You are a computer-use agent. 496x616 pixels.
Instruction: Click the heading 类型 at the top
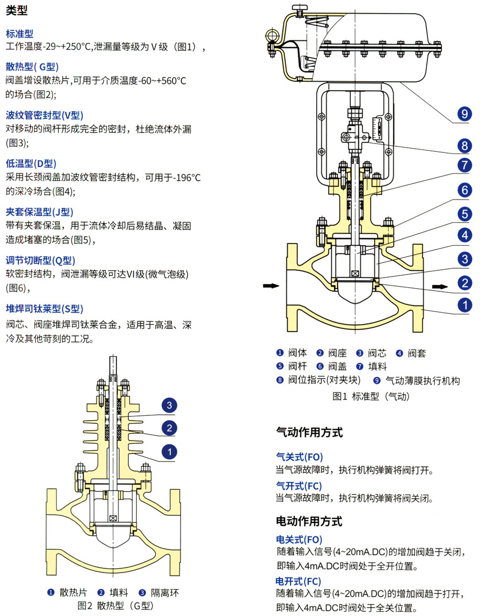17,10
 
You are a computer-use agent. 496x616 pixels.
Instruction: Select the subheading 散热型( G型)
32,67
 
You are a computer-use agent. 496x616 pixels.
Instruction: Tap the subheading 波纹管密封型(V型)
45,115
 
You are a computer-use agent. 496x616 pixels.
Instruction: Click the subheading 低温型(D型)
31,164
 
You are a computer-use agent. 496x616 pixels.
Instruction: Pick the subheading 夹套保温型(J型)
39,212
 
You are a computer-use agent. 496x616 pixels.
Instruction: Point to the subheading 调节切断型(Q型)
40,260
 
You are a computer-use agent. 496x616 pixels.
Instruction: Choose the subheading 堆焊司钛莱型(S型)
45,309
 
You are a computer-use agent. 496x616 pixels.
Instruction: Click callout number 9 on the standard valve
465,114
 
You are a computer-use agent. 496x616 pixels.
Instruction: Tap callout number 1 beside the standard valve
465,305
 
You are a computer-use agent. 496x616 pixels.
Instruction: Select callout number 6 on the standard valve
465,190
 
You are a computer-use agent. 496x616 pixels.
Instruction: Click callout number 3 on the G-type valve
169,405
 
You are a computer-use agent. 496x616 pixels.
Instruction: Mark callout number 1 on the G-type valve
169,451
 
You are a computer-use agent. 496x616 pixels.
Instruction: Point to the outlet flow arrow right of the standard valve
439,286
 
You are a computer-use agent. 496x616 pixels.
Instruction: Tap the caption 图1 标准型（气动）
371,397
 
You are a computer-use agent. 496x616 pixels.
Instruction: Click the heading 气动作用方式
309,433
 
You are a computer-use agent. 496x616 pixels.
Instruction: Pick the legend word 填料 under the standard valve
378,367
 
